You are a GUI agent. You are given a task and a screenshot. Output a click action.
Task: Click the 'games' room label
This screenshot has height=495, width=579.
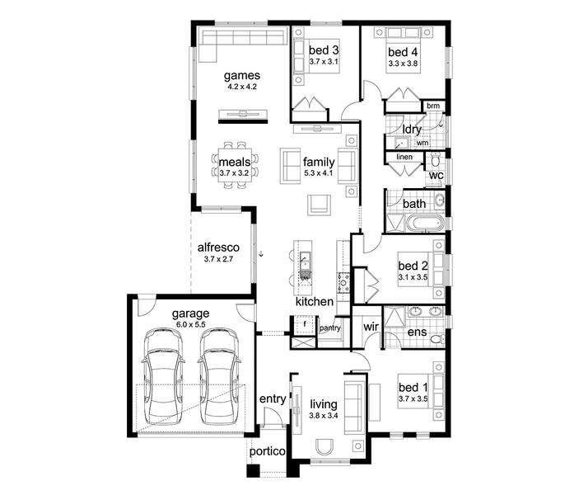pos(242,75)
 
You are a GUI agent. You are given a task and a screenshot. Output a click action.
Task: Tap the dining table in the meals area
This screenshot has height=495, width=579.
pos(235,165)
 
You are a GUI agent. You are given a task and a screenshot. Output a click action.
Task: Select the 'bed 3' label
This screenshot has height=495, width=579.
pos(324,50)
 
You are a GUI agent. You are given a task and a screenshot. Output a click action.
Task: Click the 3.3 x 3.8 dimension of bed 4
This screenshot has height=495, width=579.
pos(403,64)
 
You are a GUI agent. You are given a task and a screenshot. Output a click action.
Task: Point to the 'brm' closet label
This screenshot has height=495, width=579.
pos(433,106)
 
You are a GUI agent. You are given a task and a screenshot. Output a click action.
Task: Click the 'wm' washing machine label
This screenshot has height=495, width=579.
pos(423,143)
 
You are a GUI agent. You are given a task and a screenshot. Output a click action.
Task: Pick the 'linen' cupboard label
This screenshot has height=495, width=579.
pos(404,157)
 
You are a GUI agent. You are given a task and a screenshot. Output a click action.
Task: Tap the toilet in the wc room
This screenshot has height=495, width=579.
pos(436,159)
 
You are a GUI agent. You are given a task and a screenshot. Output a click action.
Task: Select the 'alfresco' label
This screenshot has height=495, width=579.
pos(218,247)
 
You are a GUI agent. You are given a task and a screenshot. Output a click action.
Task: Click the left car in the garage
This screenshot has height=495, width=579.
pos(163,376)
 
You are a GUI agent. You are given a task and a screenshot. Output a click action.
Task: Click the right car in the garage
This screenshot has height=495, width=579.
pos(219,376)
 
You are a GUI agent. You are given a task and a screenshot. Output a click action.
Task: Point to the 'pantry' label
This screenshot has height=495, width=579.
pos(330,328)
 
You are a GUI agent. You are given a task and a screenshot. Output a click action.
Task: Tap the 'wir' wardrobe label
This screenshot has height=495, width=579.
pos(371,327)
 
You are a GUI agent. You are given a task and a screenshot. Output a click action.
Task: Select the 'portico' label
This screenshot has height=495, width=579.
pos(268,451)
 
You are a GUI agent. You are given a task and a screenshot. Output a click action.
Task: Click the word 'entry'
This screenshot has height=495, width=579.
pos(273,398)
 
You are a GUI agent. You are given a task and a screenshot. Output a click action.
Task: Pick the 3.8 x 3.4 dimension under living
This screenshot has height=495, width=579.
pos(324,416)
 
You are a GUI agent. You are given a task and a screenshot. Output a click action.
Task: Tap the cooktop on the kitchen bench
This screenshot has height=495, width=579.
pos(343,283)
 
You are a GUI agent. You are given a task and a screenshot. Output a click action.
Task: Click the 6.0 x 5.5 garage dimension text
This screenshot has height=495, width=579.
pos(190,324)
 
